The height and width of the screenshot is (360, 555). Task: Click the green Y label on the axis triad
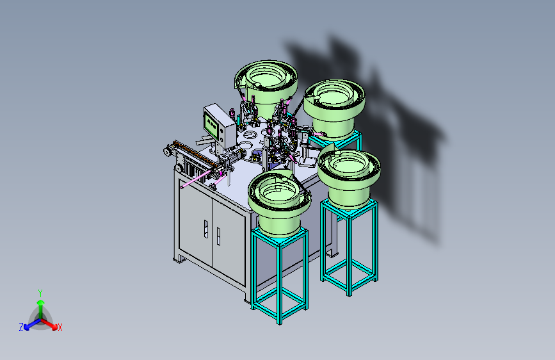click(x=40, y=293)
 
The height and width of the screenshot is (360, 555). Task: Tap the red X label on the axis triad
click(x=60, y=327)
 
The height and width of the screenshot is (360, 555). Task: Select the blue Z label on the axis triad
click(x=21, y=327)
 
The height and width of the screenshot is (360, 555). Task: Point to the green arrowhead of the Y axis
click(x=41, y=302)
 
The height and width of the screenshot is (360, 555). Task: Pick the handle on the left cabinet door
click(x=205, y=229)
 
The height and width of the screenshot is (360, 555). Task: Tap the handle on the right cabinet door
click(x=218, y=236)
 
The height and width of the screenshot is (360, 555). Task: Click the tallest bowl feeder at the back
click(x=266, y=85)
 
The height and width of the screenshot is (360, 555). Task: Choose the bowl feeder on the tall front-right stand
click(x=349, y=178)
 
